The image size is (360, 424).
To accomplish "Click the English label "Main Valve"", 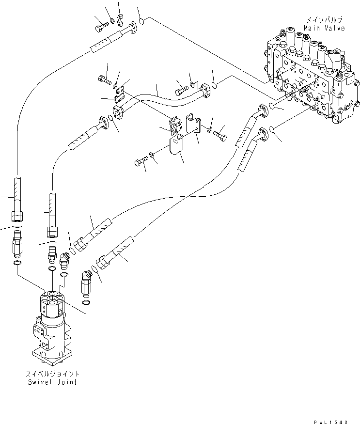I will [x=324, y=28].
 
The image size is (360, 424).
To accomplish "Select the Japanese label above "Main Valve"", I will [x=324, y=20].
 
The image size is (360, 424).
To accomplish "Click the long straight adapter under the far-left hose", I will [x=16, y=242].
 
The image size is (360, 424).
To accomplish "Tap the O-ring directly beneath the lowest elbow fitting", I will [x=86, y=304].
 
